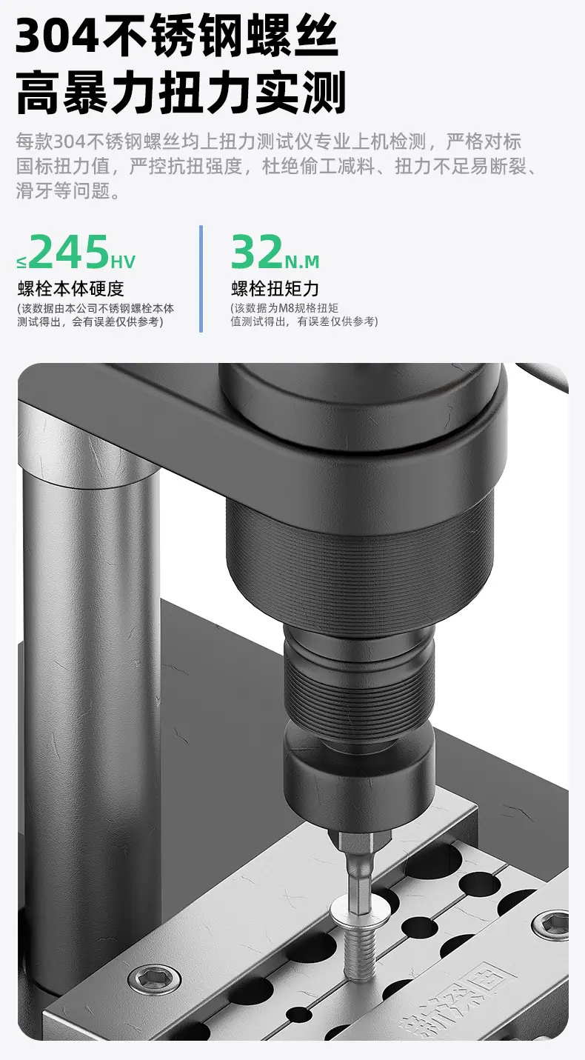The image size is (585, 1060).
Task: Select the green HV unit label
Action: (123, 261)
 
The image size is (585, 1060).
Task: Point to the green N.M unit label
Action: (302, 261)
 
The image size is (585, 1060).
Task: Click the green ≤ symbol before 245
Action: (22, 262)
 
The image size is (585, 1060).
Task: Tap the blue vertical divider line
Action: (201, 279)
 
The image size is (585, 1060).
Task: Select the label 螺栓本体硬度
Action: (71, 288)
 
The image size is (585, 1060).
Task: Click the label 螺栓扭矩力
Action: (275, 288)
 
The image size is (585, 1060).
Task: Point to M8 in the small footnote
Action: (286, 308)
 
